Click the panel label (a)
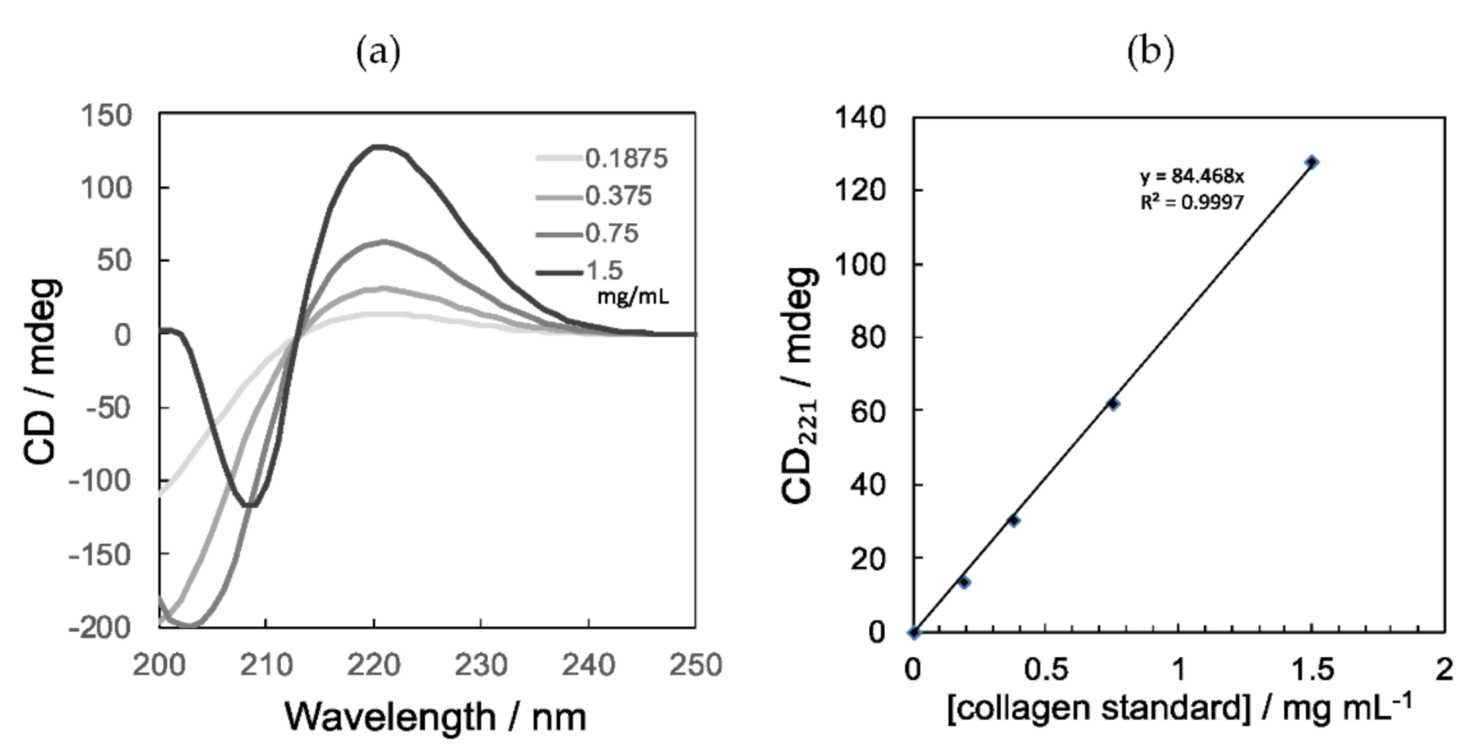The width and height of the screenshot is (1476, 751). click(x=378, y=54)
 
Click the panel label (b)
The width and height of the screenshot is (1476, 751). click(x=1152, y=54)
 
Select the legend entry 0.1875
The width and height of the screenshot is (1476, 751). click(x=625, y=158)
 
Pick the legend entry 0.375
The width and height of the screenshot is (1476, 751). click(x=618, y=196)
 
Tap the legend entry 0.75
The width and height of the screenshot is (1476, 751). click(x=611, y=233)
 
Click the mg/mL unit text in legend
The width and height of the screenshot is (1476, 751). click(x=632, y=296)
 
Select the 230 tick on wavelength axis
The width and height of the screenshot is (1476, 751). click(x=481, y=666)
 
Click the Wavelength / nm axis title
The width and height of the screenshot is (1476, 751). click(x=435, y=717)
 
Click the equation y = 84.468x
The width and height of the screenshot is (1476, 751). click(x=1191, y=177)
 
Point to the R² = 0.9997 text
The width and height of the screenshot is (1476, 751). click(x=1191, y=202)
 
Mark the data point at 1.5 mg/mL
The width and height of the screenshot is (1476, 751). click(x=1312, y=162)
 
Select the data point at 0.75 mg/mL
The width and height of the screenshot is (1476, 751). click(x=1113, y=404)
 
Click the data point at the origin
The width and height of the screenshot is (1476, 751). click(x=914, y=632)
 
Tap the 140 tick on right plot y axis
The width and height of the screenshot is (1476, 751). click(x=861, y=118)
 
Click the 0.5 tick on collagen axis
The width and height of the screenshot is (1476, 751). click(x=1045, y=670)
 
